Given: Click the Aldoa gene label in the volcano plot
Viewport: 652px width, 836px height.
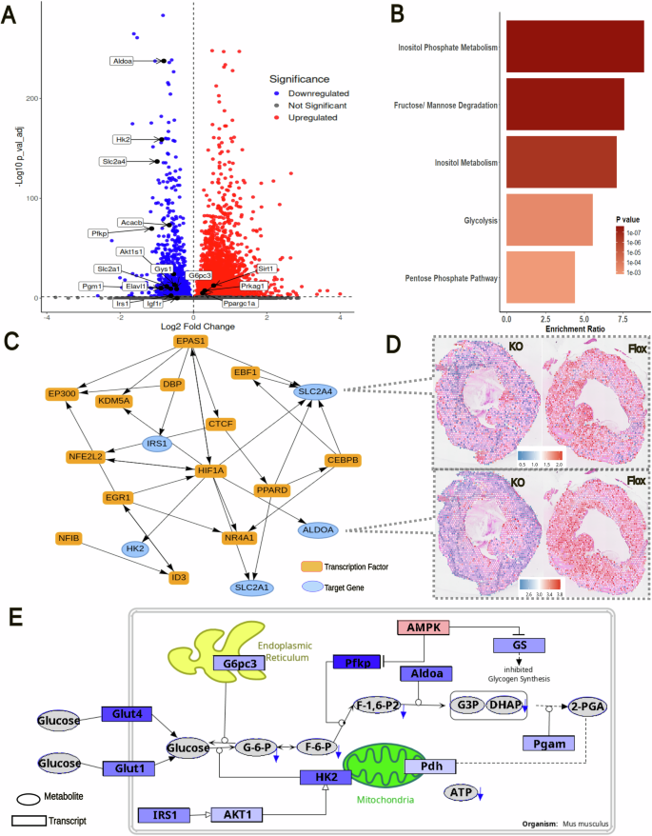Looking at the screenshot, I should tap(123, 60).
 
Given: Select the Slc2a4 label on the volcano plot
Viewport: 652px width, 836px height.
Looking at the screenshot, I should tap(114, 162).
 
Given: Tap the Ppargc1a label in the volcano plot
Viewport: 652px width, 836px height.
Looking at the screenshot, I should tap(239, 304).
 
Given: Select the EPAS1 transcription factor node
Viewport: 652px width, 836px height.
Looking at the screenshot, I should tap(191, 341).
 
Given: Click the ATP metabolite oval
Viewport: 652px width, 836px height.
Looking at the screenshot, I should tap(463, 792).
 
